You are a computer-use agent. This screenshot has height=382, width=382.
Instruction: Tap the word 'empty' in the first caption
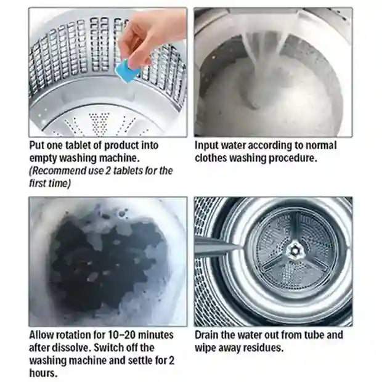pyautogui.click(x=44, y=158)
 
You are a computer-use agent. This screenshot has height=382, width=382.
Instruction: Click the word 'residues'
pyautogui.click(x=266, y=348)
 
